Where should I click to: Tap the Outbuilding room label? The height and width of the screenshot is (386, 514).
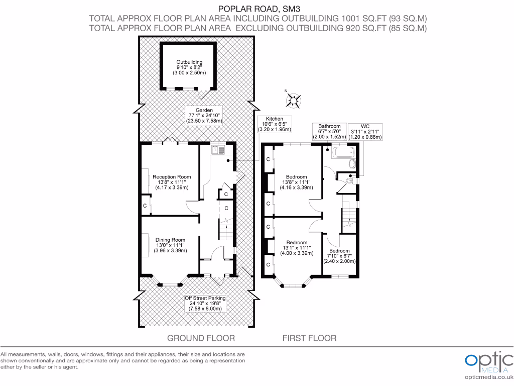[189, 67]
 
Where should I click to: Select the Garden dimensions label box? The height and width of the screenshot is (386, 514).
[204, 115]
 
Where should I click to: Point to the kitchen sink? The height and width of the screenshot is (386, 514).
[219, 148]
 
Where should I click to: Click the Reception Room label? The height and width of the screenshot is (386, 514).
[172, 182]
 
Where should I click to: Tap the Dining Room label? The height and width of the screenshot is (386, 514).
[170, 245]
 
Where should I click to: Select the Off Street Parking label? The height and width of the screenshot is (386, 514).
[205, 303]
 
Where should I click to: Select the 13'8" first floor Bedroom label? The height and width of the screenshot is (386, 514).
[296, 182]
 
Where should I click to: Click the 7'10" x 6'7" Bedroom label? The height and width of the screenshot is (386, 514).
[339, 256]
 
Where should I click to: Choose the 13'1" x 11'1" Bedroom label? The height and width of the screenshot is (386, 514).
[296, 247]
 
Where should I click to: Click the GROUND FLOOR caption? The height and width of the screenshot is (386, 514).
[201, 338]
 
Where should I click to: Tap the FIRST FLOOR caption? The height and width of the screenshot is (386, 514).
[309, 338]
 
